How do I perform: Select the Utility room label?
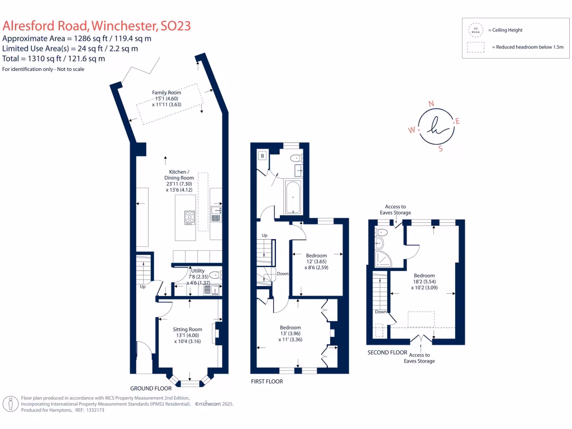(x=198, y=270)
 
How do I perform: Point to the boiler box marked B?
(x=262, y=156)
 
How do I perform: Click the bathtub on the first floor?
(x=293, y=197)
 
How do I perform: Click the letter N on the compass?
(x=430, y=103)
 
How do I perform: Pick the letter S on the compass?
(x=440, y=149)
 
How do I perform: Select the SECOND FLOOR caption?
(x=387, y=352)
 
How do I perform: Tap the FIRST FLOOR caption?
(x=267, y=382)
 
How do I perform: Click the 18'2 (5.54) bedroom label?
(x=425, y=281)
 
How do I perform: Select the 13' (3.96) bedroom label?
(x=290, y=333)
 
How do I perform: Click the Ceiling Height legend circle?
(x=476, y=30)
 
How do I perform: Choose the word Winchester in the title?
(x=123, y=26)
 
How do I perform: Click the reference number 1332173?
(x=93, y=409)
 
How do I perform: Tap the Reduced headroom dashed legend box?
(x=476, y=47)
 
